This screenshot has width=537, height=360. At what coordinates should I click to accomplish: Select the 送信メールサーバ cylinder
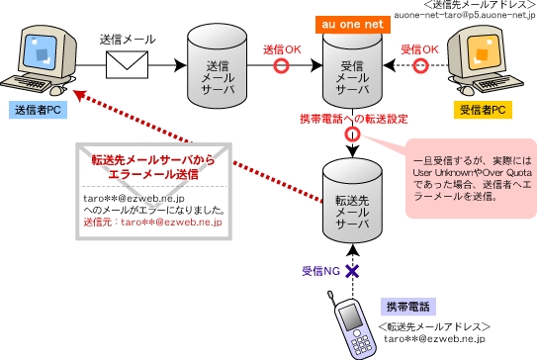216,66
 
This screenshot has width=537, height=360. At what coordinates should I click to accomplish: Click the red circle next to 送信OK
282,66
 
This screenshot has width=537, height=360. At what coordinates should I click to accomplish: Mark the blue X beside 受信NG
351,269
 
